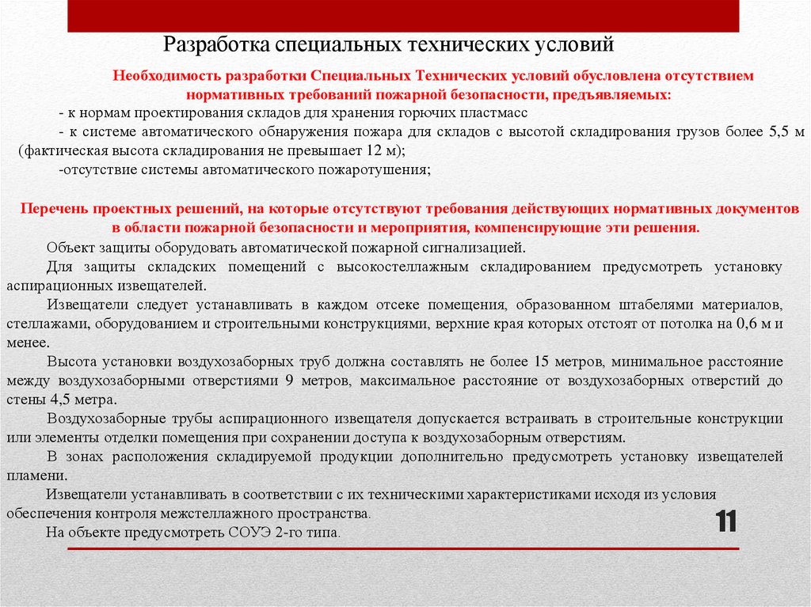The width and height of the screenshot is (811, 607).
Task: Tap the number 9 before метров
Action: point(289,381)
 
